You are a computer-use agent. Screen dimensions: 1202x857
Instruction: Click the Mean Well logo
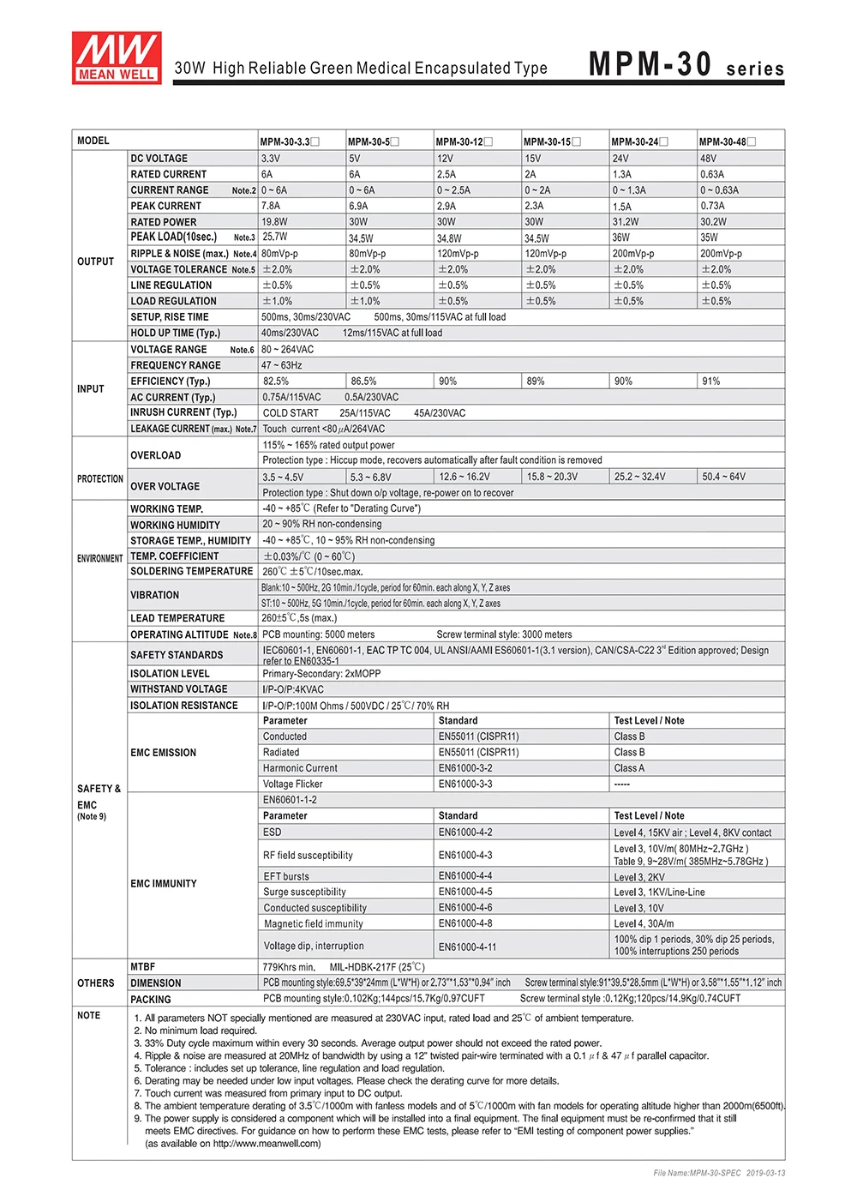click(116, 57)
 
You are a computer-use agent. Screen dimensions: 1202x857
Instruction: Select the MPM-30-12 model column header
click(464, 141)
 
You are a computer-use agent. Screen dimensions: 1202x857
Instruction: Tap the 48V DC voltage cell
click(709, 159)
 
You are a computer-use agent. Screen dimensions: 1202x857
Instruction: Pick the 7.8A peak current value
click(271, 206)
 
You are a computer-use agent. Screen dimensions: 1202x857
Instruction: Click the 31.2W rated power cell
click(626, 222)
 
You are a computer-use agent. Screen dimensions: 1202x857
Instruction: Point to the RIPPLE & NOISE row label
click(179, 254)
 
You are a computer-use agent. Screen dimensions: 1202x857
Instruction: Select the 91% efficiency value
click(711, 382)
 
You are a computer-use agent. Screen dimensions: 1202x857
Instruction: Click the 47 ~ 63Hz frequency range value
click(282, 365)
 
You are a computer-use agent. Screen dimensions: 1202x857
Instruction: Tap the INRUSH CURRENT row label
click(183, 412)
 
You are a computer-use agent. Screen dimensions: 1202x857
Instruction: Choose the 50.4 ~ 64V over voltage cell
click(724, 477)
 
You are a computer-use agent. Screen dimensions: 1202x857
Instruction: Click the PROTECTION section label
click(99, 479)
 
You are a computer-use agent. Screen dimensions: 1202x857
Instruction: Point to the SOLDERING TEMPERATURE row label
click(191, 571)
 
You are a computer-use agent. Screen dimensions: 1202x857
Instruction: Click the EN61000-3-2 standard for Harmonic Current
click(464, 768)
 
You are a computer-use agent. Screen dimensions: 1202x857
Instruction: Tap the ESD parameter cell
click(273, 832)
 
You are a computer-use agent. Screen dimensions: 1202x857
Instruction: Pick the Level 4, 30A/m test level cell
click(644, 924)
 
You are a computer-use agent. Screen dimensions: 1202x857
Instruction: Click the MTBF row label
click(142, 967)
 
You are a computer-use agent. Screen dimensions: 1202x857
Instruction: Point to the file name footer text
click(719, 1173)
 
